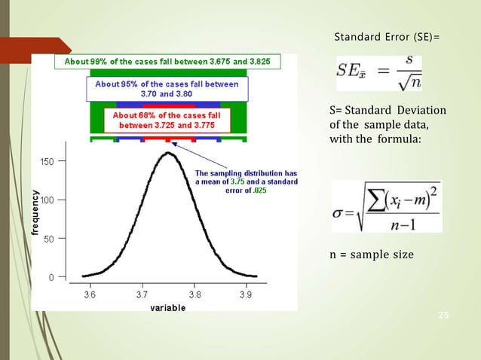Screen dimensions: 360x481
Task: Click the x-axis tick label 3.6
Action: click(90, 294)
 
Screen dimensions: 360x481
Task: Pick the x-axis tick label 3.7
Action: click(142, 294)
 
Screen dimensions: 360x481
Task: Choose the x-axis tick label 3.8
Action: click(194, 294)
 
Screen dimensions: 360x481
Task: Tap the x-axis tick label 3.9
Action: click(246, 294)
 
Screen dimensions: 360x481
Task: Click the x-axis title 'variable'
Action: click(168, 308)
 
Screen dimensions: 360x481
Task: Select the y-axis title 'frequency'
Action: click(35, 215)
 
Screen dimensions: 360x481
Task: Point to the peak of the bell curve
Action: click(168, 154)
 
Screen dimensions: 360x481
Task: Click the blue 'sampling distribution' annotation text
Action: click(247, 182)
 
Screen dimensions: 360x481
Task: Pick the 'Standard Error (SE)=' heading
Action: click(386, 37)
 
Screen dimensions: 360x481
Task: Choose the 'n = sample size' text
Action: click(372, 254)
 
